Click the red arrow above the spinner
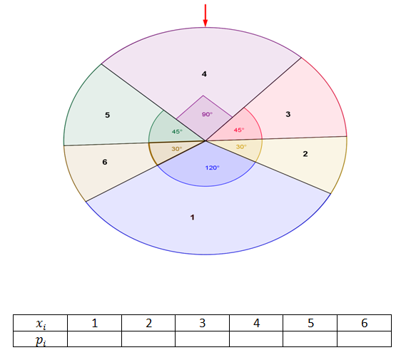[205, 15]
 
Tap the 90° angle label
[207, 114]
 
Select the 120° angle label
[213, 168]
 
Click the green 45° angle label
[177, 132]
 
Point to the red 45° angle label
[239, 130]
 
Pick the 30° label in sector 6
[177, 149]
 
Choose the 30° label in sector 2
[241, 147]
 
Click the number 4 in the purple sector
[204, 74]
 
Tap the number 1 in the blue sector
[193, 217]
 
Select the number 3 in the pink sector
[288, 114]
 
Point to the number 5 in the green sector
[108, 115]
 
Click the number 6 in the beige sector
[105, 162]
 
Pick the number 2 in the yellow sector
[305, 154]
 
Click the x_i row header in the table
[41, 323]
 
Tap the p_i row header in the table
[41, 339]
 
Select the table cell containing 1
[94, 323]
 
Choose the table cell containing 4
[256, 323]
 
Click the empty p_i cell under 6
[365, 339]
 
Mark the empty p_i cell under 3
[202, 339]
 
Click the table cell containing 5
[310, 323]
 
